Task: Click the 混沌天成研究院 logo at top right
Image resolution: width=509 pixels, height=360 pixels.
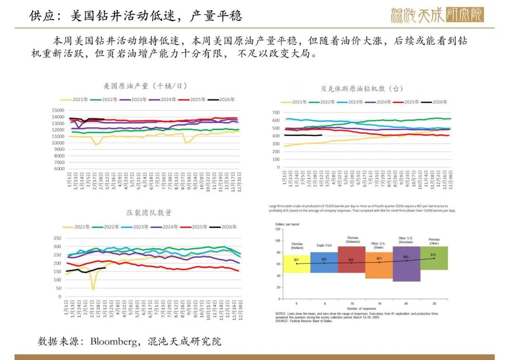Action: point(437,15)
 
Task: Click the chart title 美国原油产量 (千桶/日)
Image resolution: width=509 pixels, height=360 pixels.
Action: point(145,86)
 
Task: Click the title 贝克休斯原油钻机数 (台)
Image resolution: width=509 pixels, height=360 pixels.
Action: point(362,89)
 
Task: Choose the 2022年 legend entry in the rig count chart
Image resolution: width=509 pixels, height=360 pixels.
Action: point(328,102)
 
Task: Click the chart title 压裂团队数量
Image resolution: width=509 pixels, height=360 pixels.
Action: point(149,213)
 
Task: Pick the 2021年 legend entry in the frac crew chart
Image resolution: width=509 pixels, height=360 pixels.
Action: point(78,227)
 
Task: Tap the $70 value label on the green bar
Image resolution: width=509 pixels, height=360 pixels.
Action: point(434,254)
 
